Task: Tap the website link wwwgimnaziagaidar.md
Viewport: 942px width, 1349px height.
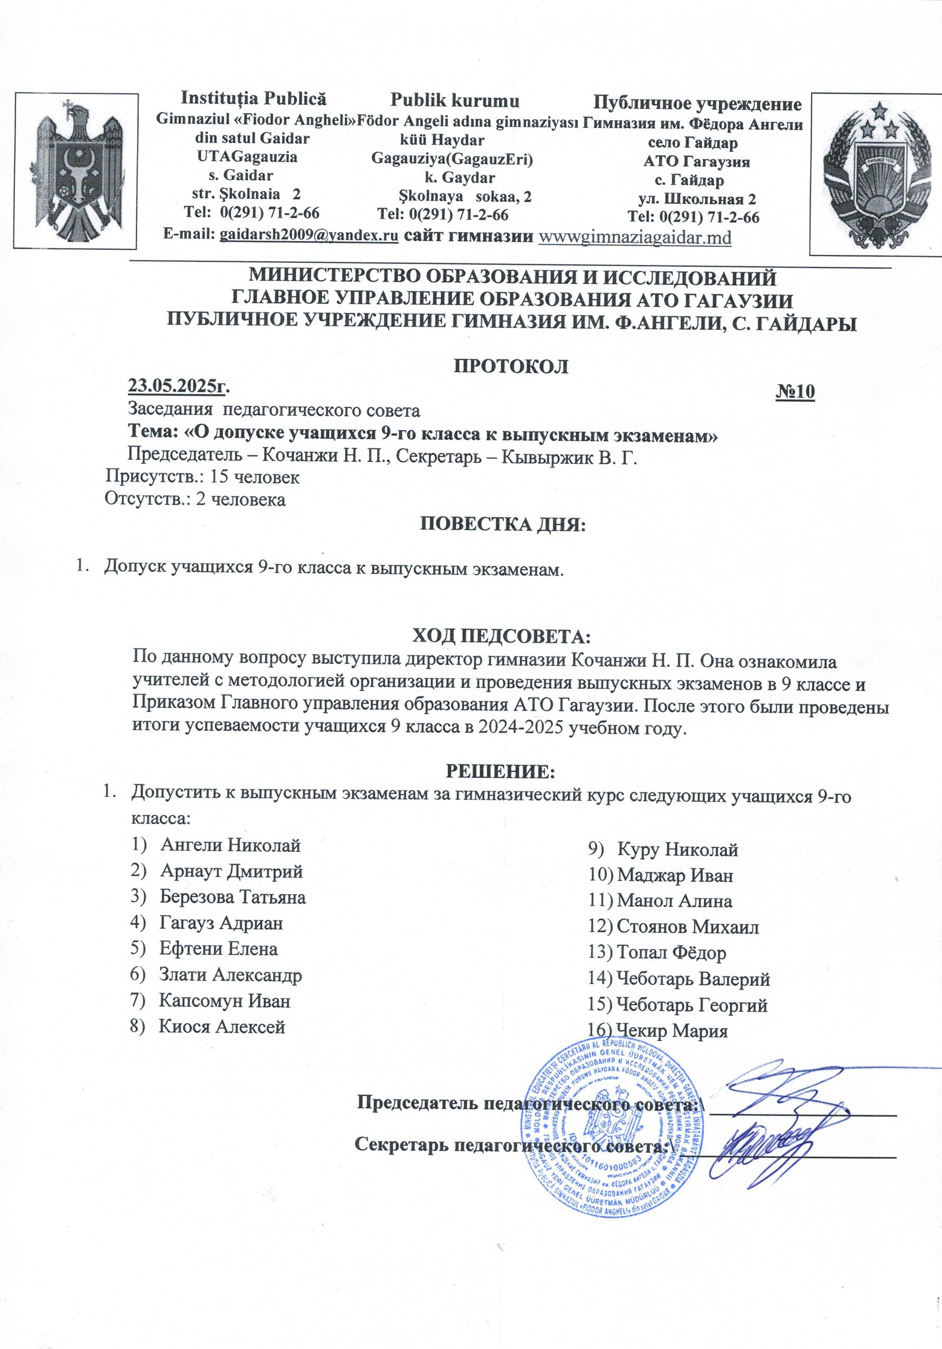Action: coord(635,237)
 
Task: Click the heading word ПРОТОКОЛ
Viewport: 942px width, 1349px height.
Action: coord(511,366)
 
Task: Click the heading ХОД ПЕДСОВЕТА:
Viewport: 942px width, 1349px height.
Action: coord(501,637)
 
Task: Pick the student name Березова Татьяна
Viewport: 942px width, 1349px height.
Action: coord(232,897)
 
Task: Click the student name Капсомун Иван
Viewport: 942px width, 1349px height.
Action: coord(225,1001)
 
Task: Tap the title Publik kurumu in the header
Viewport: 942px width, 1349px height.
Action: coord(455,101)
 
